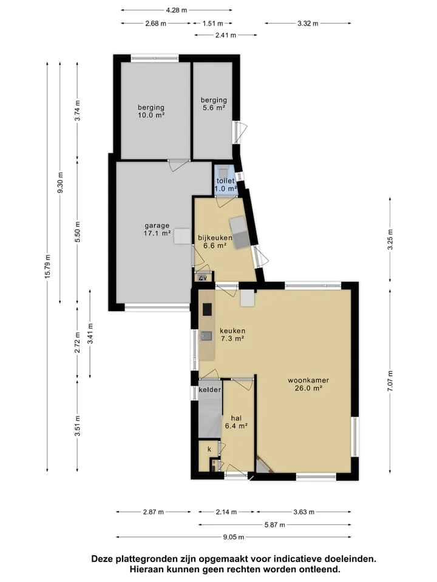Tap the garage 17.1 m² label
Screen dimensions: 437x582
157,229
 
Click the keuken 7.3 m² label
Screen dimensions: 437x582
232,335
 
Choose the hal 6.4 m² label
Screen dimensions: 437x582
236,422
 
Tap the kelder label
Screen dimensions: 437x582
209,390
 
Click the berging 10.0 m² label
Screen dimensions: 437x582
151,111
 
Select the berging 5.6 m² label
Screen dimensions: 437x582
214,104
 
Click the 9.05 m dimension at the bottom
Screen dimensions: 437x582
234,537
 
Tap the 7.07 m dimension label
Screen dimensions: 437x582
390,381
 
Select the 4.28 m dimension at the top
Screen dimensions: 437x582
177,10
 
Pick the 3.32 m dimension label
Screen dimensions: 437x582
308,24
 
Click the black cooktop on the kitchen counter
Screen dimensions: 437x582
207,309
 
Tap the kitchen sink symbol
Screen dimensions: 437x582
206,336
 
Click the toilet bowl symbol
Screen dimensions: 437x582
223,172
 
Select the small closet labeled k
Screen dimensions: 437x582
209,449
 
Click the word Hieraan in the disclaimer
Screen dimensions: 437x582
145,569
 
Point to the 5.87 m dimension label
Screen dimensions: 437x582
274,525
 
